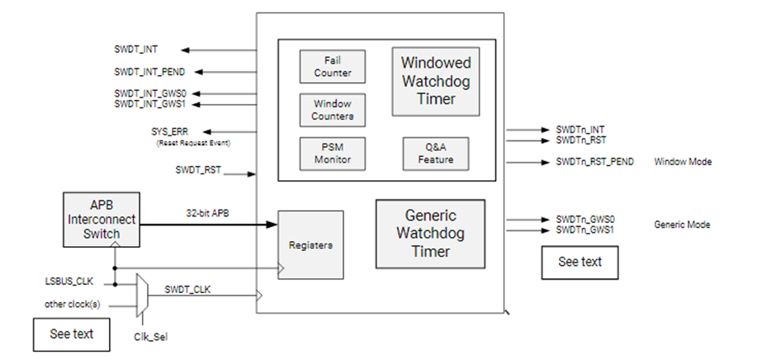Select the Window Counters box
pyautogui.click(x=332, y=110)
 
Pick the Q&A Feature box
pyautogui.click(x=435, y=154)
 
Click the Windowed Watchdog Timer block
pyautogui.click(x=435, y=81)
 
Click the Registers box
pyautogui.click(x=310, y=245)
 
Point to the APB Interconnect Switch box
pyautogui.click(x=100, y=220)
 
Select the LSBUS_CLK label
pyautogui.click(x=67, y=283)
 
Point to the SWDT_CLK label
pyautogui.click(x=186, y=289)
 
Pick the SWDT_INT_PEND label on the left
pyautogui.click(x=147, y=72)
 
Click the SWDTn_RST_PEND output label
pyautogui.click(x=594, y=162)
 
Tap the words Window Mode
pyautogui.click(x=682, y=162)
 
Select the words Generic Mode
pyautogui.click(x=682, y=225)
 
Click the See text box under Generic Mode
pyautogui.click(x=580, y=262)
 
